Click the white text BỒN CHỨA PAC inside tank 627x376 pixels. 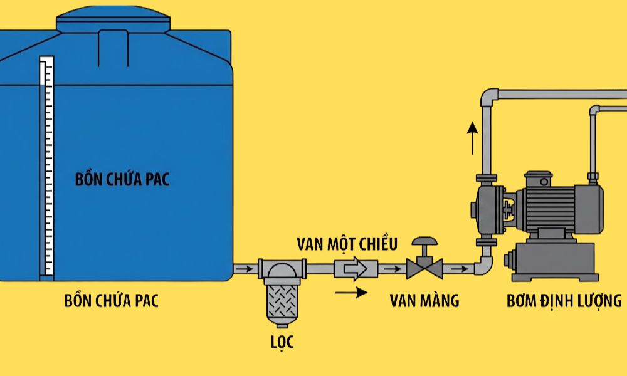(x=122, y=180)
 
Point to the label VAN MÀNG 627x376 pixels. (x=424, y=301)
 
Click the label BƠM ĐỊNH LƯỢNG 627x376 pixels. (x=564, y=301)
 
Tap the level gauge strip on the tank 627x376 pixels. (x=46, y=166)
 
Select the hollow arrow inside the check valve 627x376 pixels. (x=356, y=270)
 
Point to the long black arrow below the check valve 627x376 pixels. (x=351, y=291)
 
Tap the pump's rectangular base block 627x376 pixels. (x=552, y=264)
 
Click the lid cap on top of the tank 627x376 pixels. (x=113, y=22)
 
